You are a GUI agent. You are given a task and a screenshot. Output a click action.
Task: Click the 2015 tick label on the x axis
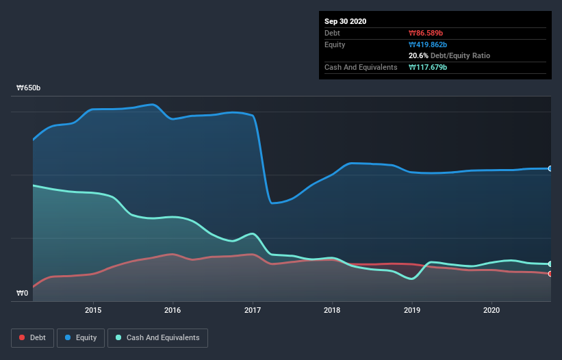tap(93, 310)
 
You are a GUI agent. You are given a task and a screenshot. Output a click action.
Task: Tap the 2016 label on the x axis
tap(173, 310)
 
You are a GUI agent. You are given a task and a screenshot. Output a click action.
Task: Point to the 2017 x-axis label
tap(253, 310)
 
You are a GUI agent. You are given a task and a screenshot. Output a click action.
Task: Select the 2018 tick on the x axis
tap(332, 310)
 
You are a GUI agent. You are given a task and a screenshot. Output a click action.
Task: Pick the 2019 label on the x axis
tap(412, 310)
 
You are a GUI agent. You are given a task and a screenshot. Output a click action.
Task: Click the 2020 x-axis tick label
tap(491, 310)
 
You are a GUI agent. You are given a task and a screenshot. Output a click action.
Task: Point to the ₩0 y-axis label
tap(23, 294)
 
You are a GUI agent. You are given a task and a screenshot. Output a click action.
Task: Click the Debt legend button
tap(31, 337)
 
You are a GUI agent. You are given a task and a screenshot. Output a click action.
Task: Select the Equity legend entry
tap(80, 337)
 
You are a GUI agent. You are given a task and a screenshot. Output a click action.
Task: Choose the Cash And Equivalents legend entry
tap(157, 337)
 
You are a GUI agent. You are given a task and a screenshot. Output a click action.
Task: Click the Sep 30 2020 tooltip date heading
tap(346, 21)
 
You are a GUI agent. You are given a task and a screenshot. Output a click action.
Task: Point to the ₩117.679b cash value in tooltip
tap(429, 67)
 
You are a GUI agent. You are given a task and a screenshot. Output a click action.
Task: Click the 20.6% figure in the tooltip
tap(418, 55)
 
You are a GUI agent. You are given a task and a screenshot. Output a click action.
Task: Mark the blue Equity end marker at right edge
tap(550, 168)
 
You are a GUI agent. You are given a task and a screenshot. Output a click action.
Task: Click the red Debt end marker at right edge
tap(550, 274)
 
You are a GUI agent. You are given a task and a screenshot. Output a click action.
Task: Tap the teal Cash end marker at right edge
tap(550, 264)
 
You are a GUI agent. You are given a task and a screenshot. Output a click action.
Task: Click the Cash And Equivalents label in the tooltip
tap(361, 67)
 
